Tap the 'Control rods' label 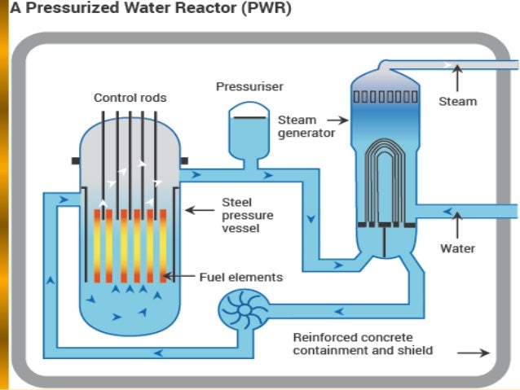[x=130, y=98]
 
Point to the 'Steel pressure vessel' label [x=248, y=216]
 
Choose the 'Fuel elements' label [x=240, y=277]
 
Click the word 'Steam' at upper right [x=457, y=102]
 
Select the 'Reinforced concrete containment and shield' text [x=364, y=344]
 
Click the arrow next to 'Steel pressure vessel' [x=199, y=210]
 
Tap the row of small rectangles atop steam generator [x=385, y=97]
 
